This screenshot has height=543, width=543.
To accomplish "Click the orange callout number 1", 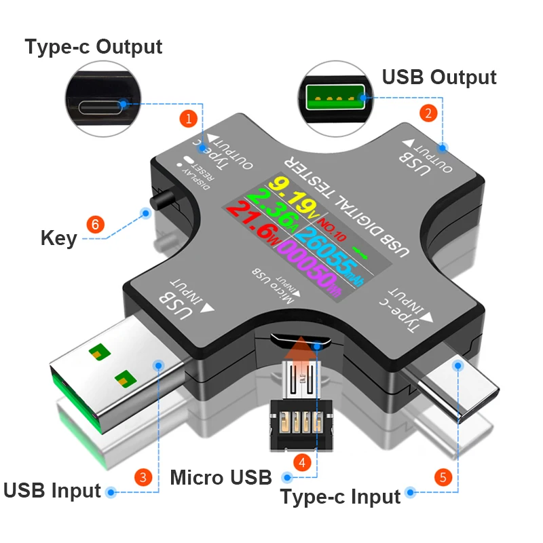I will pyautogui.click(x=189, y=118).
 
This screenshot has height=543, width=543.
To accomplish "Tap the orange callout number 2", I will pyautogui.click(x=427, y=113).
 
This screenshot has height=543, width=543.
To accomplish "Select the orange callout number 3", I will pyautogui.click(x=142, y=476).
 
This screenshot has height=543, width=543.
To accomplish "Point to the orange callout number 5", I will pyautogui.click(x=443, y=477).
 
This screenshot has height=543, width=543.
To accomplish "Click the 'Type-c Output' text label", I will pyautogui.click(x=94, y=47).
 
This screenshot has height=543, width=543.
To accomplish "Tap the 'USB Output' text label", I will pyautogui.click(x=439, y=77).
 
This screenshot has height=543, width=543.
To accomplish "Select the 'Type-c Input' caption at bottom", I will pyautogui.click(x=340, y=497).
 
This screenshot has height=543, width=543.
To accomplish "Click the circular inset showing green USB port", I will pyautogui.click(x=333, y=97).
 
